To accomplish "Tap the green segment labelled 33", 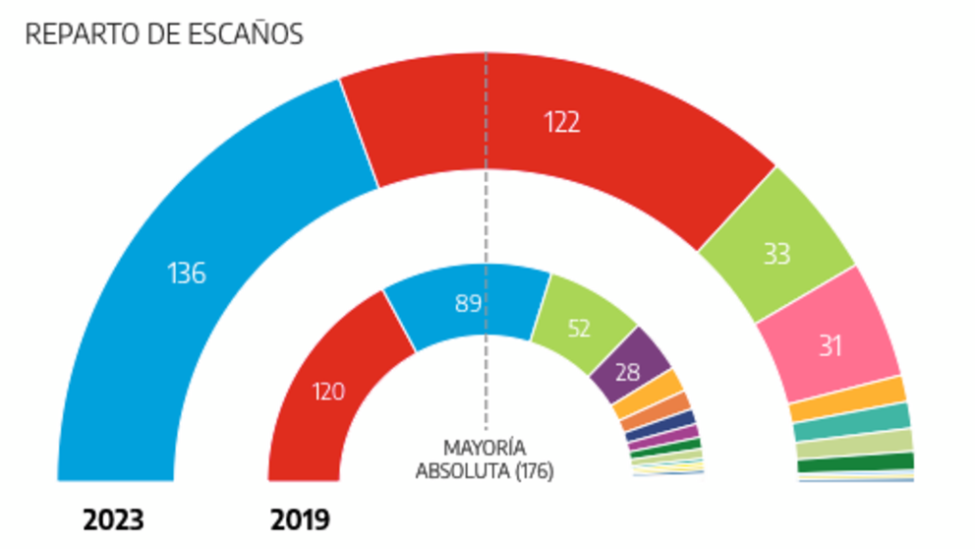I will (x=777, y=254).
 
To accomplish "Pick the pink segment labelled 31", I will (x=831, y=344).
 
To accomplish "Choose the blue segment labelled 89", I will (x=468, y=304).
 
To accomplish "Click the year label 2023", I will (x=113, y=519).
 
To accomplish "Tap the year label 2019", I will (x=299, y=519).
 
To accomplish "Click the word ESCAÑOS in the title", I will (x=247, y=34).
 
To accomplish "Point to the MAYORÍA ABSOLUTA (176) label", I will (x=484, y=459).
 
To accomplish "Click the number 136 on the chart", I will (x=187, y=273).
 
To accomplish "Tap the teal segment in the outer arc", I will (x=851, y=420).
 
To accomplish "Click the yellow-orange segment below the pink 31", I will (x=846, y=396).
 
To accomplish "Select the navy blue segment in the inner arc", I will (x=676, y=424).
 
